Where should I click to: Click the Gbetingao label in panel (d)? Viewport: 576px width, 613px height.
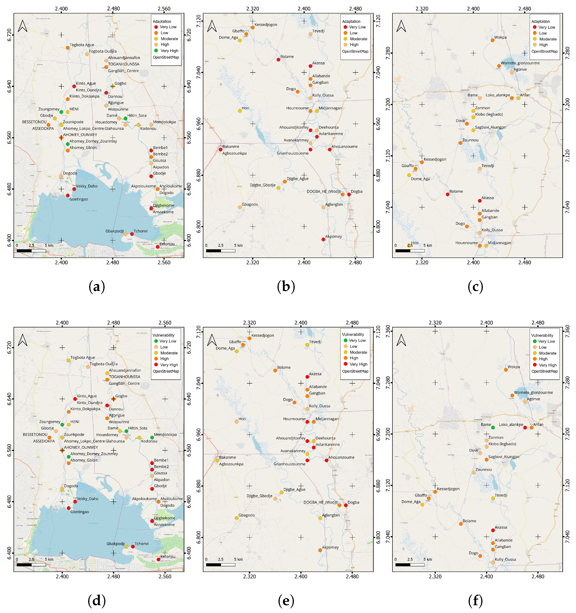click(79, 512)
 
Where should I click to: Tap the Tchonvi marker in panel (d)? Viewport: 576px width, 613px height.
click(133, 547)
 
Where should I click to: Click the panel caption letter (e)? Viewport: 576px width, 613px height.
click(286, 601)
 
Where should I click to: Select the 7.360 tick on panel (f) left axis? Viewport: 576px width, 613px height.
click(388, 332)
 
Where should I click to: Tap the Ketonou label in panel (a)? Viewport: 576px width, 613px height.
click(167, 244)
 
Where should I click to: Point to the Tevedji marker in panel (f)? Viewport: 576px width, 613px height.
click(493, 498)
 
